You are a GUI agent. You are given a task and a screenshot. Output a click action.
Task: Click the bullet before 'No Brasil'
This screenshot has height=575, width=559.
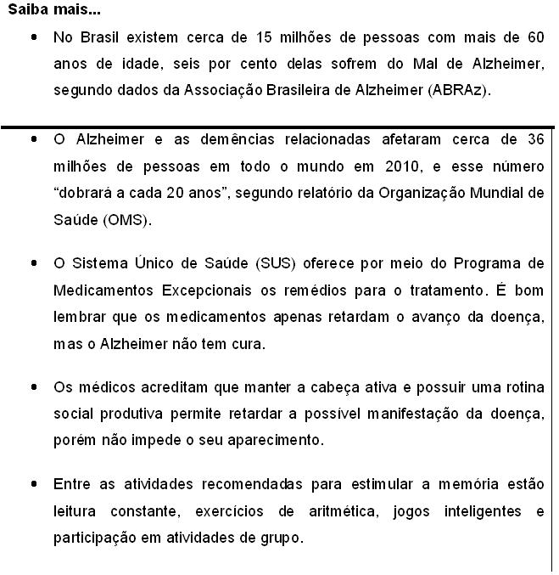click(33, 38)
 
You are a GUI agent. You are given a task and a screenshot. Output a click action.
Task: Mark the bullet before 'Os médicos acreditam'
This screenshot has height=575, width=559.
click(33, 387)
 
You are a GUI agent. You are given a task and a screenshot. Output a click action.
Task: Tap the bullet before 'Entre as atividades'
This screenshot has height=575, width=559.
click(33, 484)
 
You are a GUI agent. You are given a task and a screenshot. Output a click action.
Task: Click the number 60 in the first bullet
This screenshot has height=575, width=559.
click(534, 38)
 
